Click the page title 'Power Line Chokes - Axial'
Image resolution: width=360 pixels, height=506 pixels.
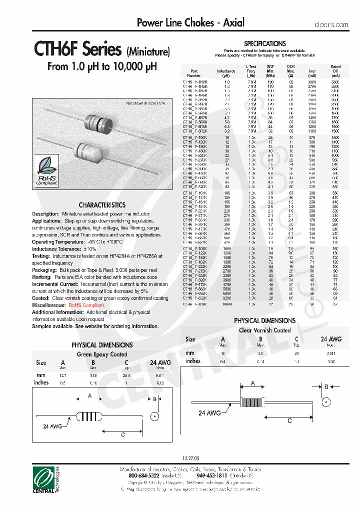tap(190, 22)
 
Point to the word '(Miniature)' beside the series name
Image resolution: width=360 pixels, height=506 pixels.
tap(148, 51)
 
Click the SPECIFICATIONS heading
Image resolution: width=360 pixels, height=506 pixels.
tap(264, 44)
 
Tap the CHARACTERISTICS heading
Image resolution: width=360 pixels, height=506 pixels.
tap(102, 205)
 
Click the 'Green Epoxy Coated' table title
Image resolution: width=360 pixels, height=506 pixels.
tap(101, 354)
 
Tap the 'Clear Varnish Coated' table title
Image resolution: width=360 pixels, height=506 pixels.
tap(264, 330)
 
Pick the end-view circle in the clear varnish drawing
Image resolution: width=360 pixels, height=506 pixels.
tap(326, 402)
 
